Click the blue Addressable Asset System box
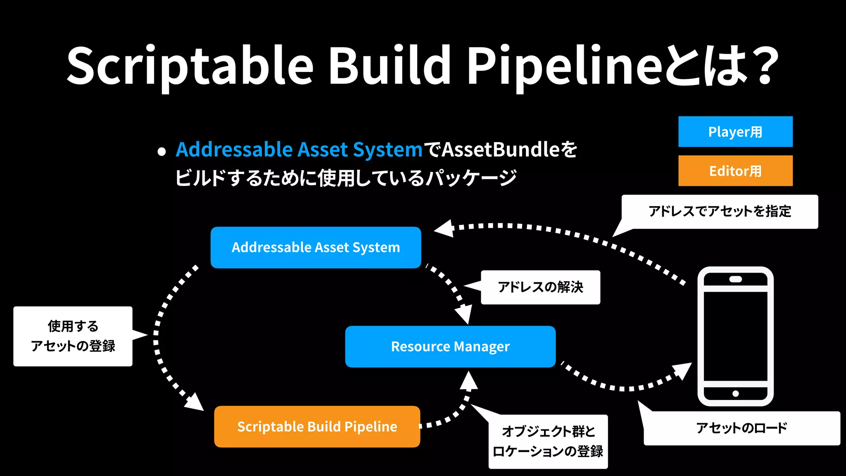coord(316,248)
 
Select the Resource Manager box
coord(450,346)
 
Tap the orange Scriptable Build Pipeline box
coord(317,426)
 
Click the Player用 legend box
coord(735,132)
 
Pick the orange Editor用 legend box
coord(735,171)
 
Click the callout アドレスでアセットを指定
coord(720,212)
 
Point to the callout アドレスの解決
coord(540,287)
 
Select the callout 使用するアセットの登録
coord(73,336)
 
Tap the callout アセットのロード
coord(741,428)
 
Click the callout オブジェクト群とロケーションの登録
coord(548,441)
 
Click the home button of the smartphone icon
coord(735,393)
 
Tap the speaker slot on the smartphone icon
coord(735,279)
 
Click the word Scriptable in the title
coord(190,66)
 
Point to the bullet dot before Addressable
coord(162,152)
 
